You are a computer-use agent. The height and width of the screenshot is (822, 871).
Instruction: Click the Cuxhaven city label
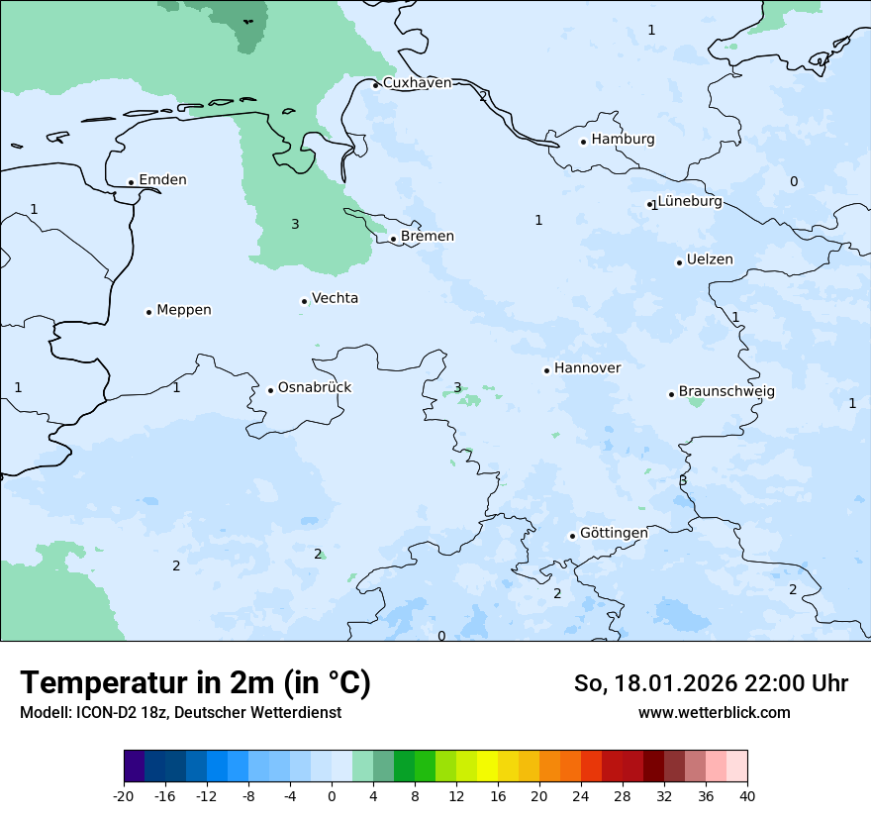click(417, 83)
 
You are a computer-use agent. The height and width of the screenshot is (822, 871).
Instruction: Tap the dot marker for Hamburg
click(583, 142)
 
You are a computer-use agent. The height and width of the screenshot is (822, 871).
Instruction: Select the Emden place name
click(162, 180)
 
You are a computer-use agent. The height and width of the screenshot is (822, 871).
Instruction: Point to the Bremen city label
click(428, 237)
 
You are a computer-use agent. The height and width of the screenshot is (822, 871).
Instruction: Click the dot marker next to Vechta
click(304, 301)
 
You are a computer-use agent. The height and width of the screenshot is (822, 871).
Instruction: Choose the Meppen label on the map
click(184, 310)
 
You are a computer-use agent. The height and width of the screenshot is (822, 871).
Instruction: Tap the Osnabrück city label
click(315, 388)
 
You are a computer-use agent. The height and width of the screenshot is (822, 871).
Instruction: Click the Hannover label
click(588, 368)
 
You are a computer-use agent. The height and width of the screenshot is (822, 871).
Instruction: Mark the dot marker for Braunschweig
click(671, 394)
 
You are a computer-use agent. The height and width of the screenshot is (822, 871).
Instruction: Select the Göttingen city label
click(614, 533)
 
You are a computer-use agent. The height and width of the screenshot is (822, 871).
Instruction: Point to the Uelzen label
click(710, 260)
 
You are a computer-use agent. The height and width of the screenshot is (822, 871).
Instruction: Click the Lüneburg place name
click(690, 202)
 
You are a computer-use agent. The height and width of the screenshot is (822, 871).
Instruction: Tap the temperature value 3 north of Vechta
click(295, 225)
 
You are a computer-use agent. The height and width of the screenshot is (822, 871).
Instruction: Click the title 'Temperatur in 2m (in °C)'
click(195, 683)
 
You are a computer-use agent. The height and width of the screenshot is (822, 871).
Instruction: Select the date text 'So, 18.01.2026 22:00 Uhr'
click(711, 683)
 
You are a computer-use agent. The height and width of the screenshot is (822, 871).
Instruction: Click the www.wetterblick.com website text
click(714, 713)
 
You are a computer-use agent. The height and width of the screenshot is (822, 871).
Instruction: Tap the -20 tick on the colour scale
click(124, 796)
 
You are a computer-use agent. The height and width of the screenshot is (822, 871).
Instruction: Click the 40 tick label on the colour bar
click(747, 796)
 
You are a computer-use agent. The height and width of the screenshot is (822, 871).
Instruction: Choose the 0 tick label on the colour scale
click(332, 796)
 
